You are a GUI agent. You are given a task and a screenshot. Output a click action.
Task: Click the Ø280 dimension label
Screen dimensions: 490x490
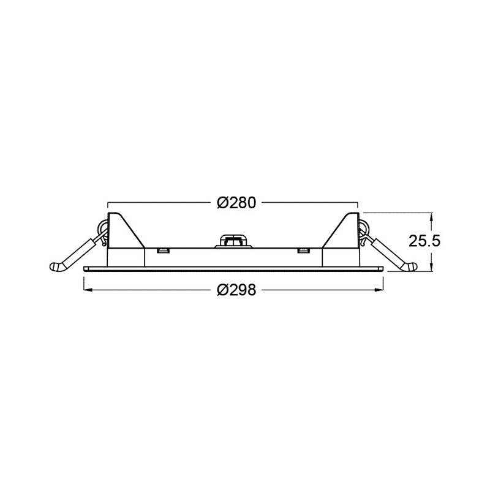coord(236,203)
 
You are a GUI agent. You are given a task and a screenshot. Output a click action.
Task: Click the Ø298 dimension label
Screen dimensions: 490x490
coord(236,290)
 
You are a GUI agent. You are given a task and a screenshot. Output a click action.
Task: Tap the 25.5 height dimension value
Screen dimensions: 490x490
coord(424,241)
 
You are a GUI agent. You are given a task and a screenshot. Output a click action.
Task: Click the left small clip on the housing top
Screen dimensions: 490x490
coord(162,251)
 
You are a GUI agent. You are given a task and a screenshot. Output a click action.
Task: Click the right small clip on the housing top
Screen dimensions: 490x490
coord(303,251)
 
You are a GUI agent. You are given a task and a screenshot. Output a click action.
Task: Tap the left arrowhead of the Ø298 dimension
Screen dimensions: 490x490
coord(87,290)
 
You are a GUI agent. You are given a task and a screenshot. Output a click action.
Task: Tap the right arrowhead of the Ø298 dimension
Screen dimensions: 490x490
coord(379,290)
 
